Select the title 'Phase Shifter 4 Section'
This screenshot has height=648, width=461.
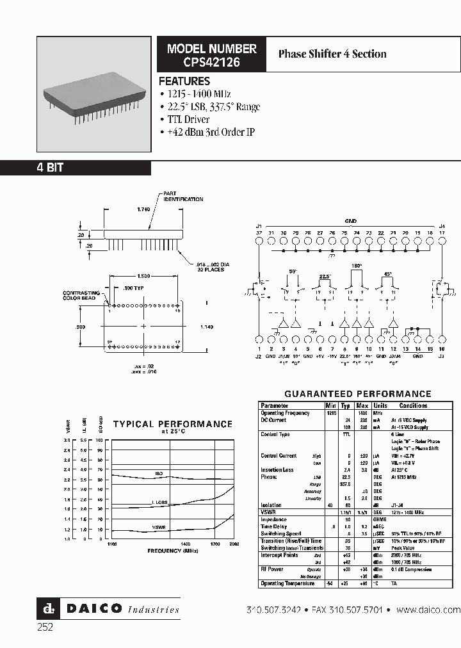pos(332,54)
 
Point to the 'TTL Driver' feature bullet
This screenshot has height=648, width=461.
pos(187,120)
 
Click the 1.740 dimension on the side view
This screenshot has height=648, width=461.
pos(145,209)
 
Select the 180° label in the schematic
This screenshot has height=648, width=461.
pos(356,265)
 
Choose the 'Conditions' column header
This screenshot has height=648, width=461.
pos(413,405)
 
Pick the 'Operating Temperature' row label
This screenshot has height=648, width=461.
pos(287,583)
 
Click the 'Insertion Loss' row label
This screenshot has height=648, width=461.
pos(277,470)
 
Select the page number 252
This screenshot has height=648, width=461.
pos(44,628)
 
